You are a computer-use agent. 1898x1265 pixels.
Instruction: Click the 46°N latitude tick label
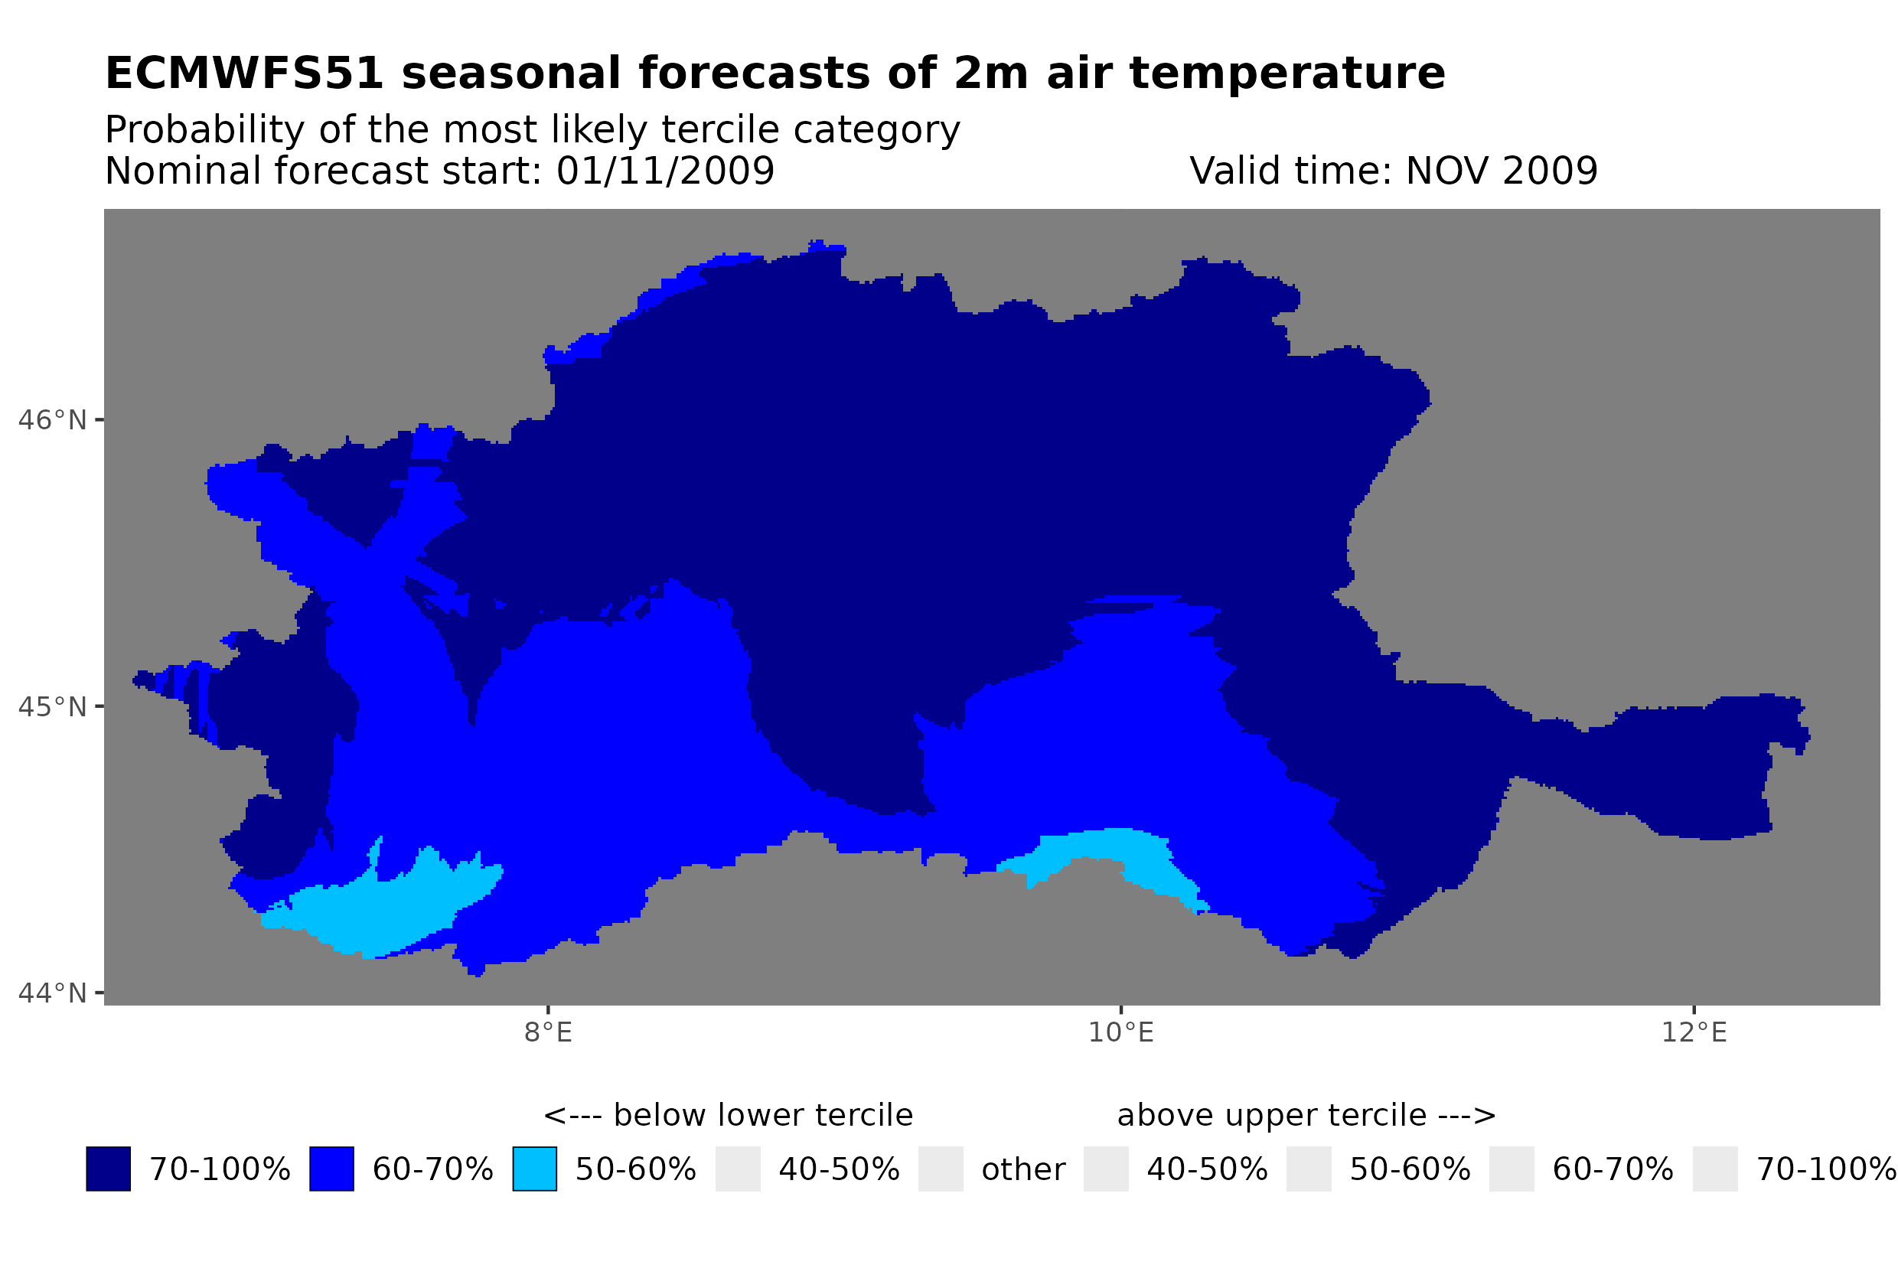coord(51,420)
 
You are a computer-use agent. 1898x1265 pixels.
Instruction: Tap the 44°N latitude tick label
coord(51,993)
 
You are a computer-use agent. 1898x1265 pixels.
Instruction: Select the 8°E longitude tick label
coord(548,1032)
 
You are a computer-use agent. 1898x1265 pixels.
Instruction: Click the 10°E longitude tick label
coord(1120,1032)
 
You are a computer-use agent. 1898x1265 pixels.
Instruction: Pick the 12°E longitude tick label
coord(1693,1032)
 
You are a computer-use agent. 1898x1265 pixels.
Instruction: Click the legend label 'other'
coord(1022,1169)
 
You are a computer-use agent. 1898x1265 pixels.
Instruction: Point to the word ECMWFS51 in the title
coord(243,73)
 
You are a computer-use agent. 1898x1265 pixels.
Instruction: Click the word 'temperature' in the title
coord(1286,73)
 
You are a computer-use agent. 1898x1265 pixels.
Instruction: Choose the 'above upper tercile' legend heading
coord(1305,1115)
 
